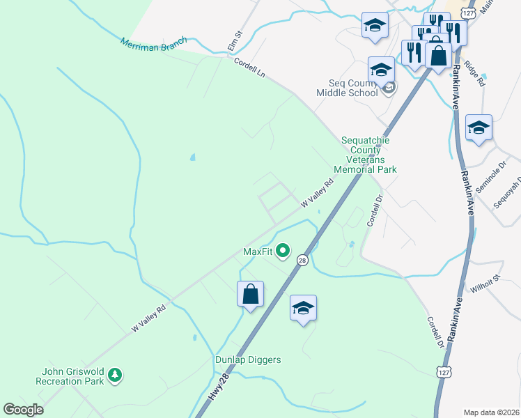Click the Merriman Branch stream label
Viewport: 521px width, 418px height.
(153, 43)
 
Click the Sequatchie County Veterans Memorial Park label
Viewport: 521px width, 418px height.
(365, 155)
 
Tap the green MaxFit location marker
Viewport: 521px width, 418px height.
(283, 250)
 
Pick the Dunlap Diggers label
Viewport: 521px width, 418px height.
(247, 359)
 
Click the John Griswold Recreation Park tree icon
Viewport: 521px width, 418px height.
(115, 376)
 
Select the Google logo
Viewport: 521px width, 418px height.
(24, 410)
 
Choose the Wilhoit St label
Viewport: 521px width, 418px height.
(486, 282)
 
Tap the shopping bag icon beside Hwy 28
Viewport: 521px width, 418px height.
(251, 294)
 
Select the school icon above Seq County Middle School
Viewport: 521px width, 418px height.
(381, 70)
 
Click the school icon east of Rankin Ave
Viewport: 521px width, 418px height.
(479, 127)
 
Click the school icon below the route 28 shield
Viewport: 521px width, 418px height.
(303, 308)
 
